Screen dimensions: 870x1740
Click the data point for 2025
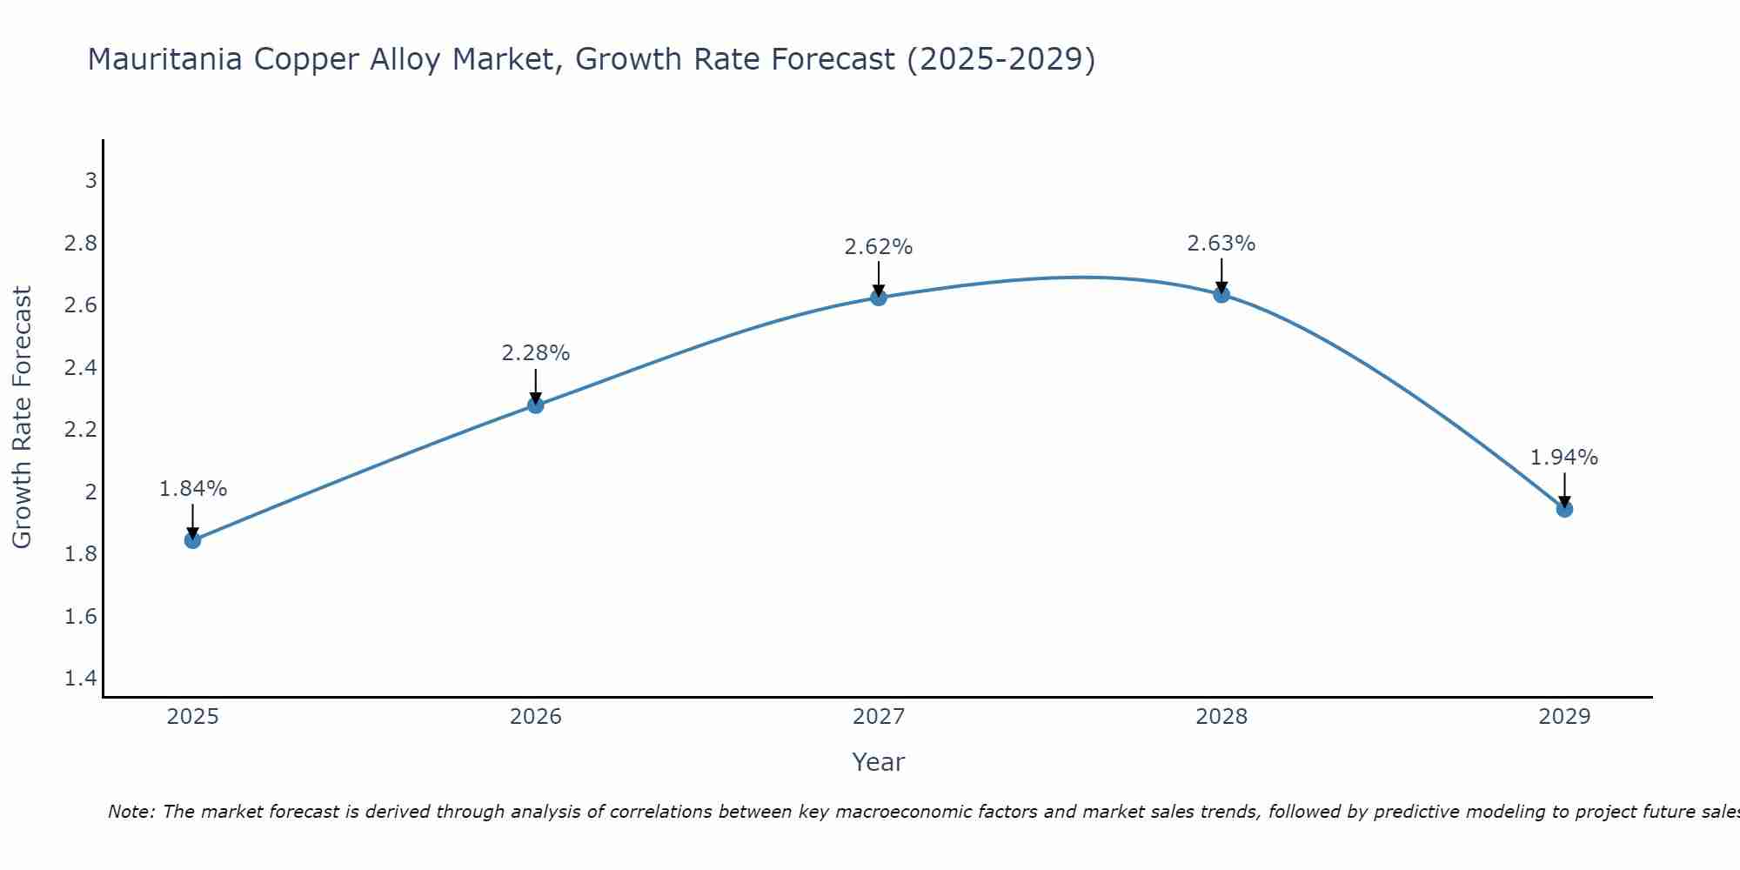click(192, 540)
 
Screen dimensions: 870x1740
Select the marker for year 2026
click(536, 405)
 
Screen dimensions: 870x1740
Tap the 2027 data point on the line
click(879, 298)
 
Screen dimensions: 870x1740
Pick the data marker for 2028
click(1221, 294)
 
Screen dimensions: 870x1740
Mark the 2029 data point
click(1564, 509)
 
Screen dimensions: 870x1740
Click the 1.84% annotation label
click(192, 489)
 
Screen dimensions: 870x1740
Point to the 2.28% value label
click(536, 353)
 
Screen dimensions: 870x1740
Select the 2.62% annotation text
click(879, 247)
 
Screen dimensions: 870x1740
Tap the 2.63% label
click(1221, 244)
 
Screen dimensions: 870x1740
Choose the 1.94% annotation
click(1564, 458)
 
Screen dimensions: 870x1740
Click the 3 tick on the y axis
click(90, 181)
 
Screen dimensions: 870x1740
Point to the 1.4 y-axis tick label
click(81, 679)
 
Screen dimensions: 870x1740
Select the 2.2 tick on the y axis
click(81, 430)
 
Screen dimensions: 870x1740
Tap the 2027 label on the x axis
click(879, 717)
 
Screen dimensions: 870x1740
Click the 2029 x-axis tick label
click(1564, 717)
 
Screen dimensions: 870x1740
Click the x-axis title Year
click(879, 762)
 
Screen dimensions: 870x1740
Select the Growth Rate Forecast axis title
click(22, 418)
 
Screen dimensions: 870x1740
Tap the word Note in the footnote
click(130, 812)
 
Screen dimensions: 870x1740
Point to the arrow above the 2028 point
click(1221, 274)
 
